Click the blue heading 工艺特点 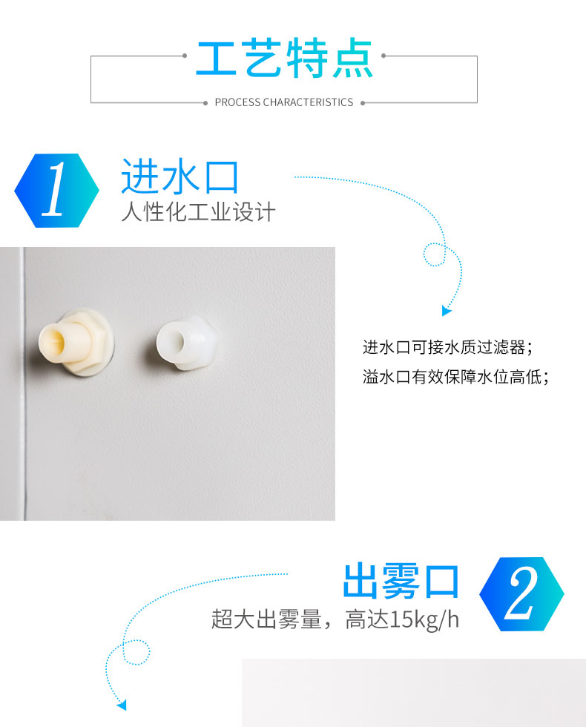284,58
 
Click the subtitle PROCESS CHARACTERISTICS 283,102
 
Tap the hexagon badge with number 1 56,191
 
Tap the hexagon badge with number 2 521,594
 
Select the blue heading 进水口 180,177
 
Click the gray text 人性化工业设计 199,212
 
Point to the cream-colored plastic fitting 76,343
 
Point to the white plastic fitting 185,343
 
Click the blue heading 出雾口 401,581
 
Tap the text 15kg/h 424,619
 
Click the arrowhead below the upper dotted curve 447,311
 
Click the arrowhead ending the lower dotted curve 122,705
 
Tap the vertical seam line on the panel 23,384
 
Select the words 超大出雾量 266,619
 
